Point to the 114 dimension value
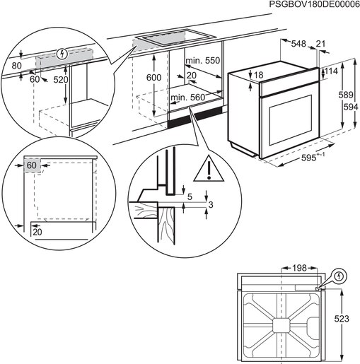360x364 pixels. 331,71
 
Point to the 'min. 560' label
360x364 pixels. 188,96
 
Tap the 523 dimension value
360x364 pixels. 341,319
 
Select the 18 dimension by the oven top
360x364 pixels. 259,75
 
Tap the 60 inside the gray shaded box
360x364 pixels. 30,165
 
